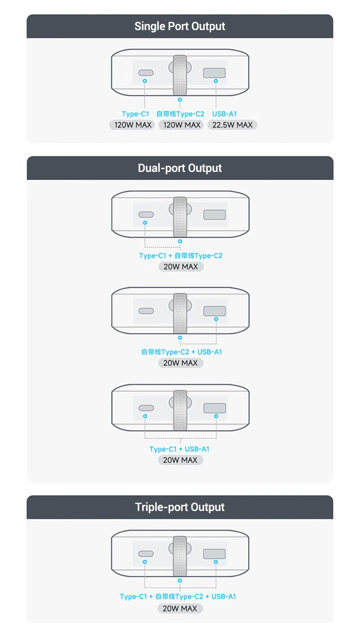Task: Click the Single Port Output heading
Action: [180, 26]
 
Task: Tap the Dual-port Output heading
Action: [180, 168]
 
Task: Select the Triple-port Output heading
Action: [180, 507]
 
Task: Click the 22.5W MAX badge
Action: [232, 125]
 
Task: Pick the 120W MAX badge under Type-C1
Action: [132, 125]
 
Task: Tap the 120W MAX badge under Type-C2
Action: [181, 125]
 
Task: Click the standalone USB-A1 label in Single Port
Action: [224, 114]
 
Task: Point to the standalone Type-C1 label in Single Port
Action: [135, 114]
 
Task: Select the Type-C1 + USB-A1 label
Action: [179, 449]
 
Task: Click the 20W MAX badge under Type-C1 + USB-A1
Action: [180, 460]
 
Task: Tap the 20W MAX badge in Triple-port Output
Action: [180, 608]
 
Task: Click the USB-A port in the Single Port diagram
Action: [214, 73]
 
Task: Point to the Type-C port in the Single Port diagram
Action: [146, 73]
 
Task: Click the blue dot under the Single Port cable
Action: [180, 100]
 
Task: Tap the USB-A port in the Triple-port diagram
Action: [214, 554]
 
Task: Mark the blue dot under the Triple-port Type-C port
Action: [145, 562]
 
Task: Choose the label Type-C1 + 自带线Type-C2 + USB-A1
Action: [178, 597]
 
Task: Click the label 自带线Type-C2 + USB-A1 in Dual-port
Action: [181, 352]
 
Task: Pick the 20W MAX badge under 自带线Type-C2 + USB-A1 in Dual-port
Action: [180, 363]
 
